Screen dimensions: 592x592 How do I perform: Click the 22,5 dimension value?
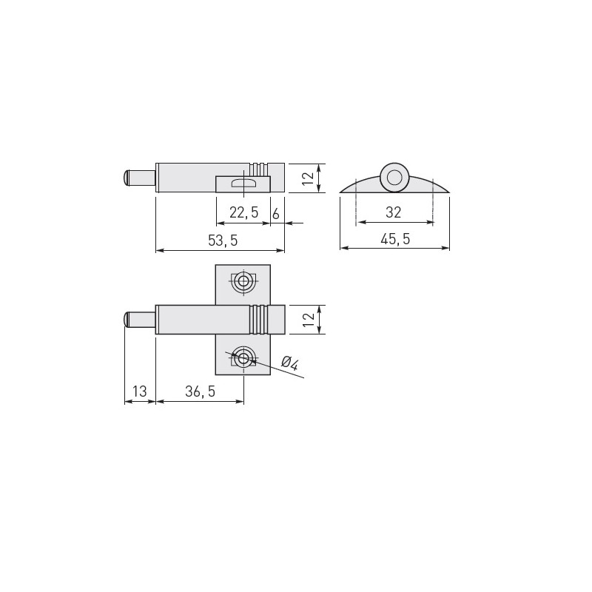[x=244, y=212]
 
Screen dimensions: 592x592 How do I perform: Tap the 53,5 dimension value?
[x=223, y=240]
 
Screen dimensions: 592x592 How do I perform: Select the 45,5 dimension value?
[x=395, y=239]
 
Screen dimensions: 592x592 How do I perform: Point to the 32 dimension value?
[x=393, y=212]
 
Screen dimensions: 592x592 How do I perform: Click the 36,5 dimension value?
[x=200, y=391]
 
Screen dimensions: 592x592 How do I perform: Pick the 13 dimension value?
[x=139, y=391]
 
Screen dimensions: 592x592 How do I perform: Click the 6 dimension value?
[x=276, y=214]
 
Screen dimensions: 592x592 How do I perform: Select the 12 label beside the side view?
[x=309, y=178]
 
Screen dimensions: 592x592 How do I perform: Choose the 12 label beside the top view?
[x=309, y=320]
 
